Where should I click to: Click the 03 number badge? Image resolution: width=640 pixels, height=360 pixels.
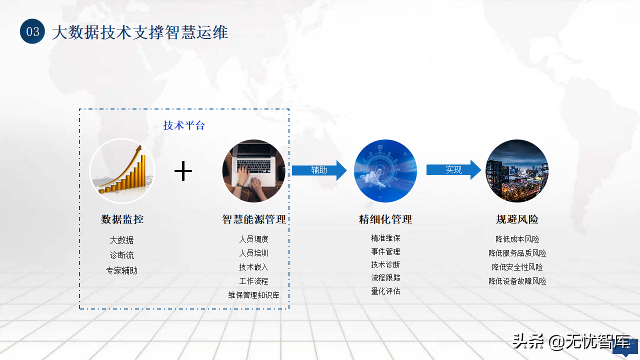click(32, 31)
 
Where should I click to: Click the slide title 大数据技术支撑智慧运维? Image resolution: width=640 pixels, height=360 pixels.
click(140, 32)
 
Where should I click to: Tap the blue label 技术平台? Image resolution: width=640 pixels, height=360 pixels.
click(183, 125)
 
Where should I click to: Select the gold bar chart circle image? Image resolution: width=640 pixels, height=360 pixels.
click(122, 171)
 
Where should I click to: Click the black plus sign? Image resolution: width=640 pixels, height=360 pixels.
click(183, 171)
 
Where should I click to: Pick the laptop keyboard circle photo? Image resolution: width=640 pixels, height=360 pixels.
click(253, 171)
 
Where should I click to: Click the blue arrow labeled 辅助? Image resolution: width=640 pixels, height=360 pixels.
click(319, 170)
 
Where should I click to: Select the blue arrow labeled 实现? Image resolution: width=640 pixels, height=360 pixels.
click(453, 169)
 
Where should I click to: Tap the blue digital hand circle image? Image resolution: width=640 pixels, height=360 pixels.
click(385, 171)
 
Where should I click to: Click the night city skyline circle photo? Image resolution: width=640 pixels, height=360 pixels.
click(517, 171)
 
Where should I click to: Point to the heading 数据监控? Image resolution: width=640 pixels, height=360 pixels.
click(122, 219)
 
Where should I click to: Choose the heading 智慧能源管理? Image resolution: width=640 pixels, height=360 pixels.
click(254, 219)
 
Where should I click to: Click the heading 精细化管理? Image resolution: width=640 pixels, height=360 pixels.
click(385, 219)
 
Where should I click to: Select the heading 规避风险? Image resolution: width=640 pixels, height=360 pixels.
click(517, 219)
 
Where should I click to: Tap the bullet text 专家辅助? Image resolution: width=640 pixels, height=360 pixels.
click(121, 270)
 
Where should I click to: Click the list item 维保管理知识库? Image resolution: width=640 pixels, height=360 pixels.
click(253, 295)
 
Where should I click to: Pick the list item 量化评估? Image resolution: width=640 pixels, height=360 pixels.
click(385, 291)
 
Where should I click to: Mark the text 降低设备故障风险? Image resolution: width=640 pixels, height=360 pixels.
click(517, 281)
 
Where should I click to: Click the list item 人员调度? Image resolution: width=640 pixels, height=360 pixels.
click(253, 239)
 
